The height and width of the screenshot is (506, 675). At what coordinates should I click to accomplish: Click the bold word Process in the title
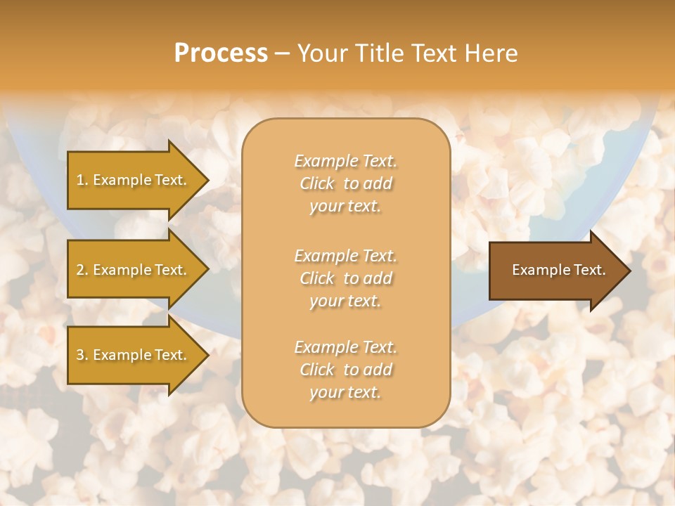pyautogui.click(x=221, y=53)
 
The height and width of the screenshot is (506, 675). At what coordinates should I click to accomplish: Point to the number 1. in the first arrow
pyautogui.click(x=82, y=180)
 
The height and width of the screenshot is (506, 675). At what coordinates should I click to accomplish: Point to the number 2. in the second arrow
pyautogui.click(x=82, y=270)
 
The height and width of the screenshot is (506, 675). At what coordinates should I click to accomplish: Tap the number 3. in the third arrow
pyautogui.click(x=82, y=355)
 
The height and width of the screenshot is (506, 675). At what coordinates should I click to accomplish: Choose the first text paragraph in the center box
pyautogui.click(x=345, y=183)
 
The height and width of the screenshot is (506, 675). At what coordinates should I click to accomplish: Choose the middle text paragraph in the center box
pyautogui.click(x=345, y=278)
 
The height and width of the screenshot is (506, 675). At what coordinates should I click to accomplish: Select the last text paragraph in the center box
pyautogui.click(x=345, y=370)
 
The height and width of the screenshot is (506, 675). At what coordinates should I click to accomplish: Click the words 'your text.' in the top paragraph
pyautogui.click(x=345, y=207)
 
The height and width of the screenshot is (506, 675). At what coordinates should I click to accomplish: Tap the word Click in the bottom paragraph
pyautogui.click(x=317, y=370)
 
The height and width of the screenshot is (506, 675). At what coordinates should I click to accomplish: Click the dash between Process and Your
pyautogui.click(x=282, y=53)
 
